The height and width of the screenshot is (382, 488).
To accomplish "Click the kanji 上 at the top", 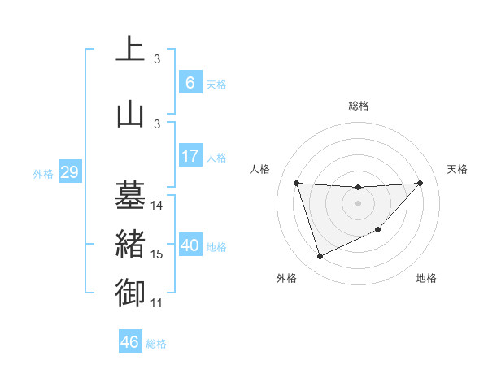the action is point(131,50).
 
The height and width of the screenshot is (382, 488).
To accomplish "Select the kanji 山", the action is point(131,114).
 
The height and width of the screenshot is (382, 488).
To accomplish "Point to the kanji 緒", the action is point(131,245).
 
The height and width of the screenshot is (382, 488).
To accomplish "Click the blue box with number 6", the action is point(190,82).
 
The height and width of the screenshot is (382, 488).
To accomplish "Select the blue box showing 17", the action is point(190,156).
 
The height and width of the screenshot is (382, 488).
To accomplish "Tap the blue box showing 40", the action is point(190,245).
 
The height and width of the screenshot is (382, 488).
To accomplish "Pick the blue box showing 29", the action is point(68,172).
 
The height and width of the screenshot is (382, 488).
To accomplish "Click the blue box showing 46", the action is point(129,341).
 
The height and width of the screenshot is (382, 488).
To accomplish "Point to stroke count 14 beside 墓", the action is point(157,206).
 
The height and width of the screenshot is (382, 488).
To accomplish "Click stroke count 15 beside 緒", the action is point(157,254).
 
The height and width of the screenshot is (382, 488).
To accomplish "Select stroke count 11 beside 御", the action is point(157,303).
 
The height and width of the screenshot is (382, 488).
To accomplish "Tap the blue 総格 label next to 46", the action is point(156,343).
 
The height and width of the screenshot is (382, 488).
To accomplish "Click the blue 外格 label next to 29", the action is point(43,174).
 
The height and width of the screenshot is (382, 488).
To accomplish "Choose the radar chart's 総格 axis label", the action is point(358,106).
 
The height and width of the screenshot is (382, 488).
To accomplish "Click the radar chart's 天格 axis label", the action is point(458,169).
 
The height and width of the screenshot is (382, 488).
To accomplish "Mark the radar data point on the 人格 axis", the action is point(296,183).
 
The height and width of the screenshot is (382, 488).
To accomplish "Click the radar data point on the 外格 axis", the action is point(320,257).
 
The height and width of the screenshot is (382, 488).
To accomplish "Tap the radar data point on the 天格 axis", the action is point(420,183).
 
